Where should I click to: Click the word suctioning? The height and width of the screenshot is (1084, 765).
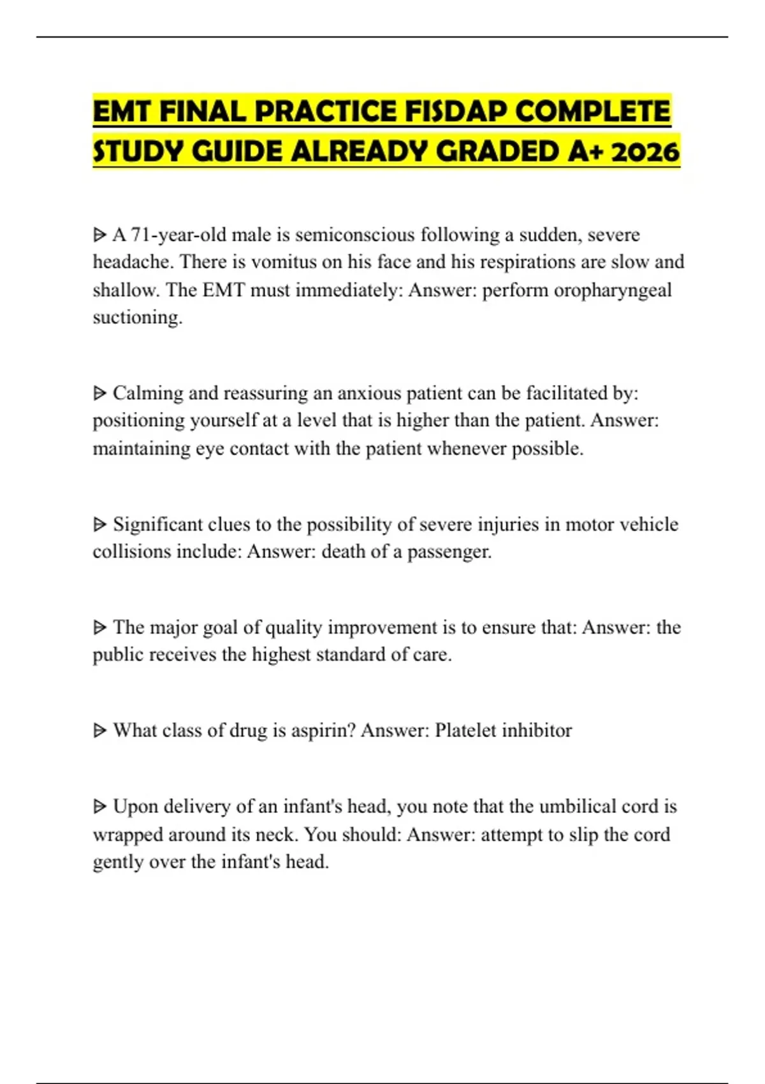pyautogui.click(x=138, y=318)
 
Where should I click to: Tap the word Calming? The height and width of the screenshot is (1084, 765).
pyautogui.click(x=148, y=393)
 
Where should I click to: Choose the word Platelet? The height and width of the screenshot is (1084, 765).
pyautogui.click(x=465, y=730)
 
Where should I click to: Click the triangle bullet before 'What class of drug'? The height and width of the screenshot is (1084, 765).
pyautogui.click(x=99, y=730)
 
